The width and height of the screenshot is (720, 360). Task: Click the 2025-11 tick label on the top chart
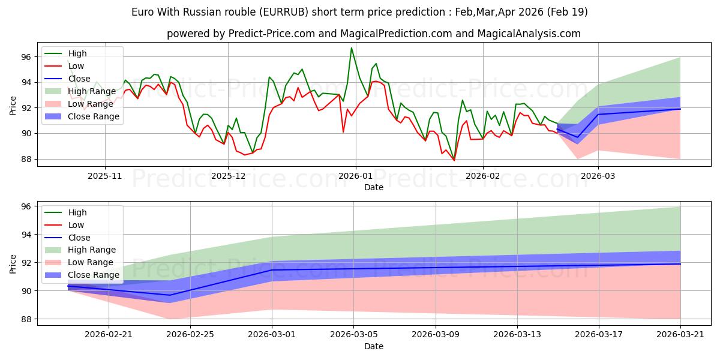click(105, 176)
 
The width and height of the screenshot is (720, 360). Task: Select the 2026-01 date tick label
click(355, 176)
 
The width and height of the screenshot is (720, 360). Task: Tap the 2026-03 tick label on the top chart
click(598, 176)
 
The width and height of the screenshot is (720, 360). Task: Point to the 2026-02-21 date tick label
click(109, 335)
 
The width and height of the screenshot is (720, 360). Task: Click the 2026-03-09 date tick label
click(436, 335)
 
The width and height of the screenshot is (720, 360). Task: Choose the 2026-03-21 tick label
click(680, 335)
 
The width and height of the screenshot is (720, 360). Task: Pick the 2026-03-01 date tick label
click(272, 335)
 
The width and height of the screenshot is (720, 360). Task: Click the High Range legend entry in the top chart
click(80, 91)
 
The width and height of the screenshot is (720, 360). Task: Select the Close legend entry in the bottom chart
click(67, 238)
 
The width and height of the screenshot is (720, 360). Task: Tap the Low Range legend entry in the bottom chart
click(79, 262)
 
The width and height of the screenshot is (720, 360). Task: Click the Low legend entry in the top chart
click(64, 66)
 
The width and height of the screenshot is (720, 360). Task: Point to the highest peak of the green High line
click(352, 48)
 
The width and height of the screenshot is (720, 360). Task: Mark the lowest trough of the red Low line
click(454, 160)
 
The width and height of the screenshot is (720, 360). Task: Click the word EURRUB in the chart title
click(284, 12)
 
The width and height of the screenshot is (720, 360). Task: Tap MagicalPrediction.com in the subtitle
click(397, 34)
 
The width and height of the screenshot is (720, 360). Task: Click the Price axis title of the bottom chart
click(13, 264)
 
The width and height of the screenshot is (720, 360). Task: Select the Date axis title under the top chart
click(373, 187)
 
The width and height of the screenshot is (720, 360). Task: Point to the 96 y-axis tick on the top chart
click(26, 57)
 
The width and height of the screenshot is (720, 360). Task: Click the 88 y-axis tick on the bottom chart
click(26, 319)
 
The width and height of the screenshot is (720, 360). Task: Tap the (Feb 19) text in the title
click(568, 12)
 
